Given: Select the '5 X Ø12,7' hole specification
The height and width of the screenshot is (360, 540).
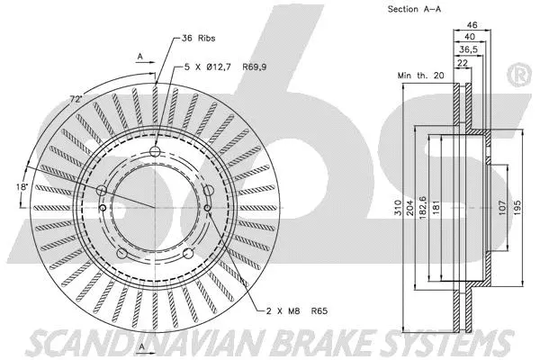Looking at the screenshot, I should [209, 66].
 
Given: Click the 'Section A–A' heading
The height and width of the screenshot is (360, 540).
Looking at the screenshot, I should [414, 9].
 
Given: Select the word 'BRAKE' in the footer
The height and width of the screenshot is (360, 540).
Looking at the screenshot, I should [305, 342].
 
